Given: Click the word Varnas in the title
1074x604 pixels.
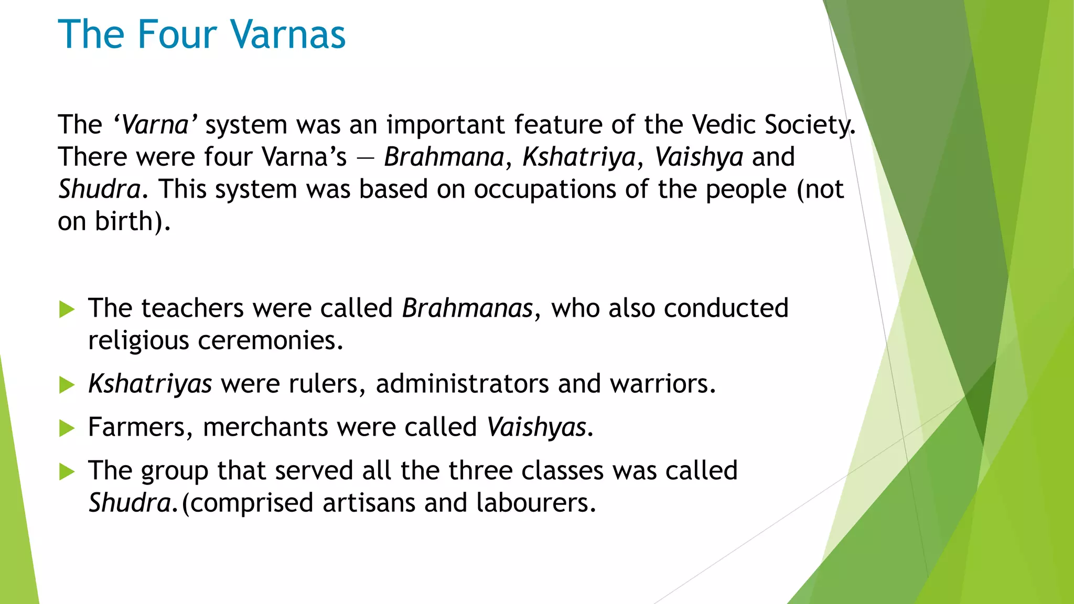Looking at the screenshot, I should point(288,35).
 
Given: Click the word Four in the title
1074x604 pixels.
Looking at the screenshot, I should point(177,35).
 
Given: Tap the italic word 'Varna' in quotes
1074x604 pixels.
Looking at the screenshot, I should point(155,125).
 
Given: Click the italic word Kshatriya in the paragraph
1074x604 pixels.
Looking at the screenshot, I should point(579,157).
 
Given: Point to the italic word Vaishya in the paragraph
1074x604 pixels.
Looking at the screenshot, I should point(699,157).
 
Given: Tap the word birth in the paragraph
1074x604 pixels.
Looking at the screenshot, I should point(124,222).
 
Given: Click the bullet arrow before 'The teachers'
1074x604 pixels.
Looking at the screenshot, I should point(67,309).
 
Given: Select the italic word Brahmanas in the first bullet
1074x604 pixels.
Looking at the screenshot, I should point(467,308).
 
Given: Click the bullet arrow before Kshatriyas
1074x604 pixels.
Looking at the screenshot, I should point(67,385).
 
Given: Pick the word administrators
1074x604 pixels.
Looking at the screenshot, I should point(462,384).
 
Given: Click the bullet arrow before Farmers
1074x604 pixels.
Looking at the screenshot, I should point(67,428).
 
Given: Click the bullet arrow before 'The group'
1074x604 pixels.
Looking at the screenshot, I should point(67,471).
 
